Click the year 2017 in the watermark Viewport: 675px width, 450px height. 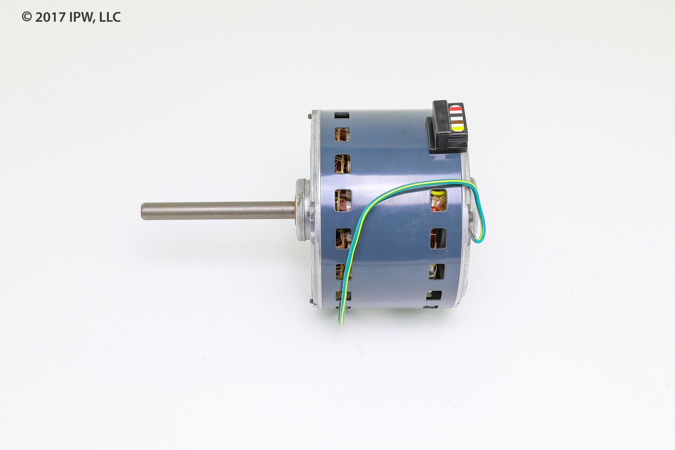click(x=51, y=17)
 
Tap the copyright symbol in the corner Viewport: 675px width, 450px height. click(x=27, y=17)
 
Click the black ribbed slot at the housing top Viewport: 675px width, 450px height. click(x=342, y=116)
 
